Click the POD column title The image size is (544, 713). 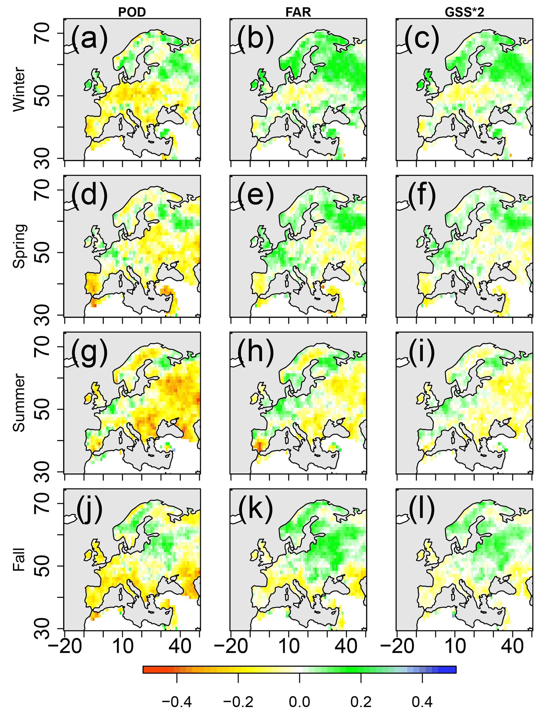coord(132,12)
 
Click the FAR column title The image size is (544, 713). coord(298,12)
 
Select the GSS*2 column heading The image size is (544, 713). coord(464,12)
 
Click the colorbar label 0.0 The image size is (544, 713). coord(299,702)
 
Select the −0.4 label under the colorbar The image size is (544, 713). coord(177,702)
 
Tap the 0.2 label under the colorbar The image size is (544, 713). coord(361,702)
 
